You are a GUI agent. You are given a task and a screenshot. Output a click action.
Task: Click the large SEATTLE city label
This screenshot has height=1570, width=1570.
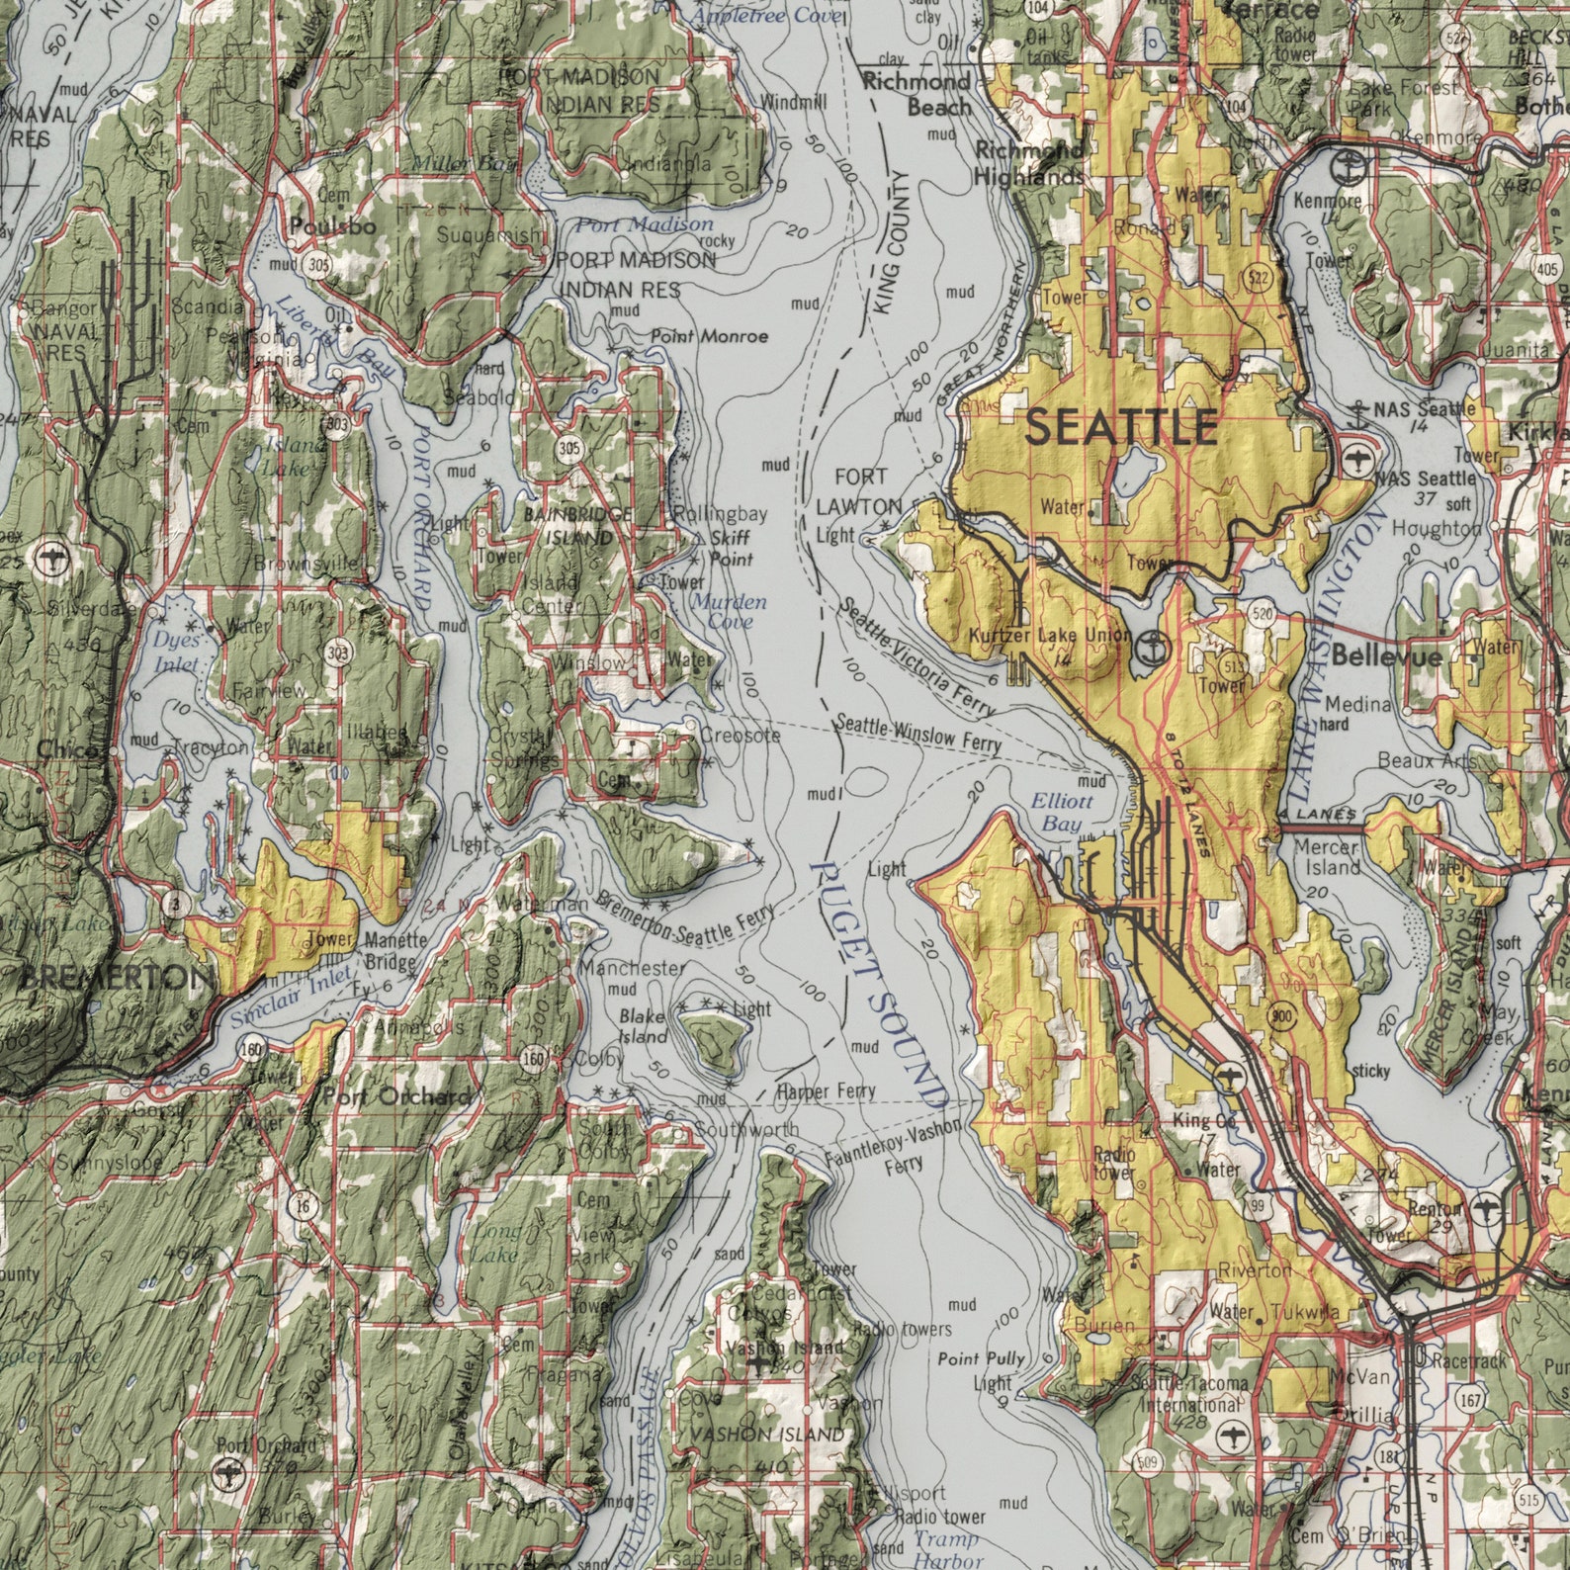coord(1120,427)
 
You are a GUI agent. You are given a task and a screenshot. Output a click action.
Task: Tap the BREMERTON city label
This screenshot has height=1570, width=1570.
coord(109,979)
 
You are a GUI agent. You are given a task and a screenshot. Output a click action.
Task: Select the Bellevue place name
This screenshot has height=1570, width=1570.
coord(1386,655)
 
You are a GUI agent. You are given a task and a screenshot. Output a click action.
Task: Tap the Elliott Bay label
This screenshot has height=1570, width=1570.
coord(1061,812)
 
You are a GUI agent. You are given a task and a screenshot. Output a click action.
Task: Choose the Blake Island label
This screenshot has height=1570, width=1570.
coord(644,1026)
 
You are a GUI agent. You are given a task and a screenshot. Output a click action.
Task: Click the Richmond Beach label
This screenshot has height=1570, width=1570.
coord(917,94)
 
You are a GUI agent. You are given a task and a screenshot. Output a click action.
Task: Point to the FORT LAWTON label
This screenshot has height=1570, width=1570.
coord(859,491)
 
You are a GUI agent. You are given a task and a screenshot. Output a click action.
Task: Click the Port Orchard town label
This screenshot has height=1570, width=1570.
coord(396,1096)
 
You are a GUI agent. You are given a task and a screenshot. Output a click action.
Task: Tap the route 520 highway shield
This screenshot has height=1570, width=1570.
coord(1261,613)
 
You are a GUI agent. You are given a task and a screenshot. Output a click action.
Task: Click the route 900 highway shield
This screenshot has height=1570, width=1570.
coord(1282,1018)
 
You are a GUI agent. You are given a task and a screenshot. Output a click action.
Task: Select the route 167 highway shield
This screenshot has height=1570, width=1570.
coord(1471,1400)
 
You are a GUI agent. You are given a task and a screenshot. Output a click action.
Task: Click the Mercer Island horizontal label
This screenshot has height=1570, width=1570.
coord(1327,857)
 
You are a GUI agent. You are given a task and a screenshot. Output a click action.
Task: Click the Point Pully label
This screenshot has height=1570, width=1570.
coord(981,1358)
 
